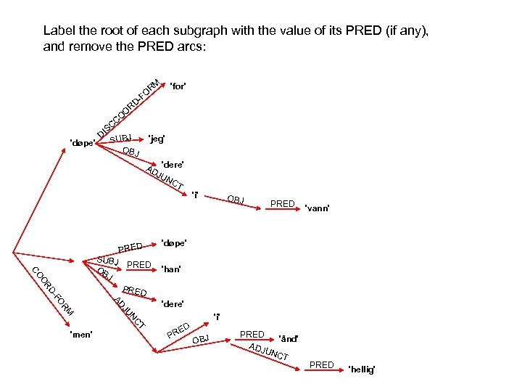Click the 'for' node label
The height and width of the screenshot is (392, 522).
point(177,86)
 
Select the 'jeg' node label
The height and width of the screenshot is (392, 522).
point(157,138)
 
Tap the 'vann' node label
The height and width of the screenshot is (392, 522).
point(318,208)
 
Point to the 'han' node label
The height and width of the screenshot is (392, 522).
point(172,269)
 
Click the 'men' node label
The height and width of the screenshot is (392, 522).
point(80,335)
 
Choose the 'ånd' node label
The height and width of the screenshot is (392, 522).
point(289,338)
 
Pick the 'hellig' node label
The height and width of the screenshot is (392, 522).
point(362,369)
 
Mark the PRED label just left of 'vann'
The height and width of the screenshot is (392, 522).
point(282,204)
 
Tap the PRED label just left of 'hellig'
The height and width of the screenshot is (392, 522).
point(321,364)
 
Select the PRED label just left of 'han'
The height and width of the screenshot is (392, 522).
point(138,264)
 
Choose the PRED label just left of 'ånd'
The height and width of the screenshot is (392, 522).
point(252,334)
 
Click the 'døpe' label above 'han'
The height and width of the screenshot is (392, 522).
point(173,242)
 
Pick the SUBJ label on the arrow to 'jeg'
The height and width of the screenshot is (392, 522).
point(121,139)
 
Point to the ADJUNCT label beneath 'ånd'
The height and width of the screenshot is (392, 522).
point(269,352)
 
